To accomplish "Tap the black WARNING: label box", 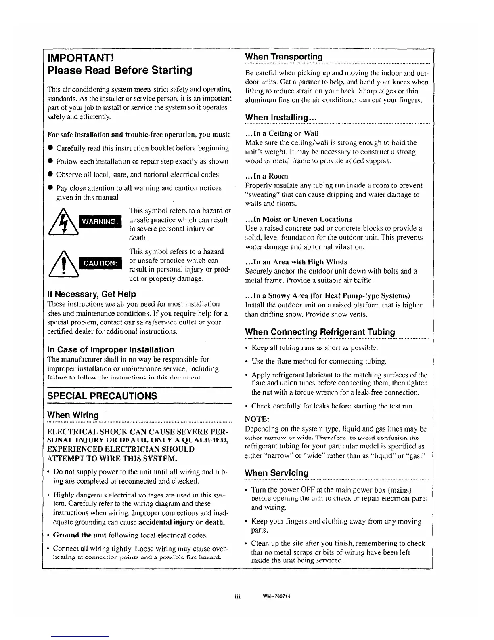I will click(x=100, y=221).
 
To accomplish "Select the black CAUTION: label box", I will click(x=100, y=263).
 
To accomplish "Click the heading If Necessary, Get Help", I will click(x=92, y=294).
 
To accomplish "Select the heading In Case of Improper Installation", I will click(x=111, y=349).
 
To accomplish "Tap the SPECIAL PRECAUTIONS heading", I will click(x=102, y=396).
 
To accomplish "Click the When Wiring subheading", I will click(x=73, y=415).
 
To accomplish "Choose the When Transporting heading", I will click(x=284, y=57).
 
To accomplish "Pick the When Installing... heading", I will click(x=280, y=118).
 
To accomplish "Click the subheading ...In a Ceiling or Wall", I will click(x=282, y=133).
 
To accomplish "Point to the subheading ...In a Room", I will click(x=267, y=176).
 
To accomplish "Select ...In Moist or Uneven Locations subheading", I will click(x=299, y=219).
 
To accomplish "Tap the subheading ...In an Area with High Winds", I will click(x=296, y=262).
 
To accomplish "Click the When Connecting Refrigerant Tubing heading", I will click(x=320, y=332).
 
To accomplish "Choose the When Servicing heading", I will click(x=276, y=473).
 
